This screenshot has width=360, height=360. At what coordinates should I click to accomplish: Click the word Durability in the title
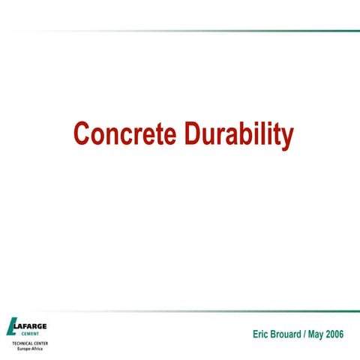click(x=238, y=135)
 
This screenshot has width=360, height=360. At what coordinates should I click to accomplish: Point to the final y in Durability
click(x=286, y=137)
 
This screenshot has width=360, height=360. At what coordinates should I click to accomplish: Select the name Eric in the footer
click(x=262, y=334)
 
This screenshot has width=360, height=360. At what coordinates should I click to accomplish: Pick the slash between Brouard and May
click(x=312, y=334)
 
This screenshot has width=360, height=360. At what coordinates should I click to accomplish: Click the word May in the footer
click(x=323, y=334)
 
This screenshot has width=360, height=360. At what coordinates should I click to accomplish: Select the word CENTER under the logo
click(x=38, y=343)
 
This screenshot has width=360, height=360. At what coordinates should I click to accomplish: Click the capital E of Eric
click(x=256, y=334)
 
